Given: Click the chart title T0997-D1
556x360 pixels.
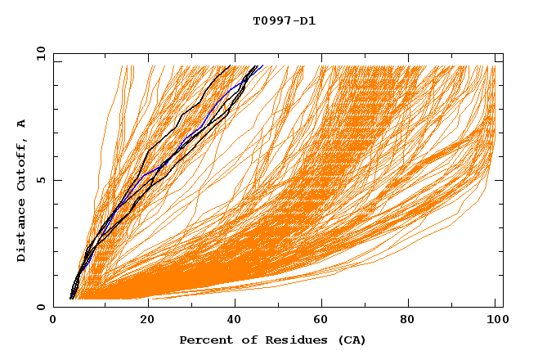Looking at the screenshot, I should click(284, 21).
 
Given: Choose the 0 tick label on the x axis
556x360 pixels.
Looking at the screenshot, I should click(53, 321).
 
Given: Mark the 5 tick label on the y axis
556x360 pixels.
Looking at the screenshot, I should click(39, 180).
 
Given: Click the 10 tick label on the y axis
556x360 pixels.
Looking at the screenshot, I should click(39, 53).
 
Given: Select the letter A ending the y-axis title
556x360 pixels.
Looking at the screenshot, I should click(22, 124).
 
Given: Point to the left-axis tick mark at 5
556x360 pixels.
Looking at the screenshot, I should click(56, 180).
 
